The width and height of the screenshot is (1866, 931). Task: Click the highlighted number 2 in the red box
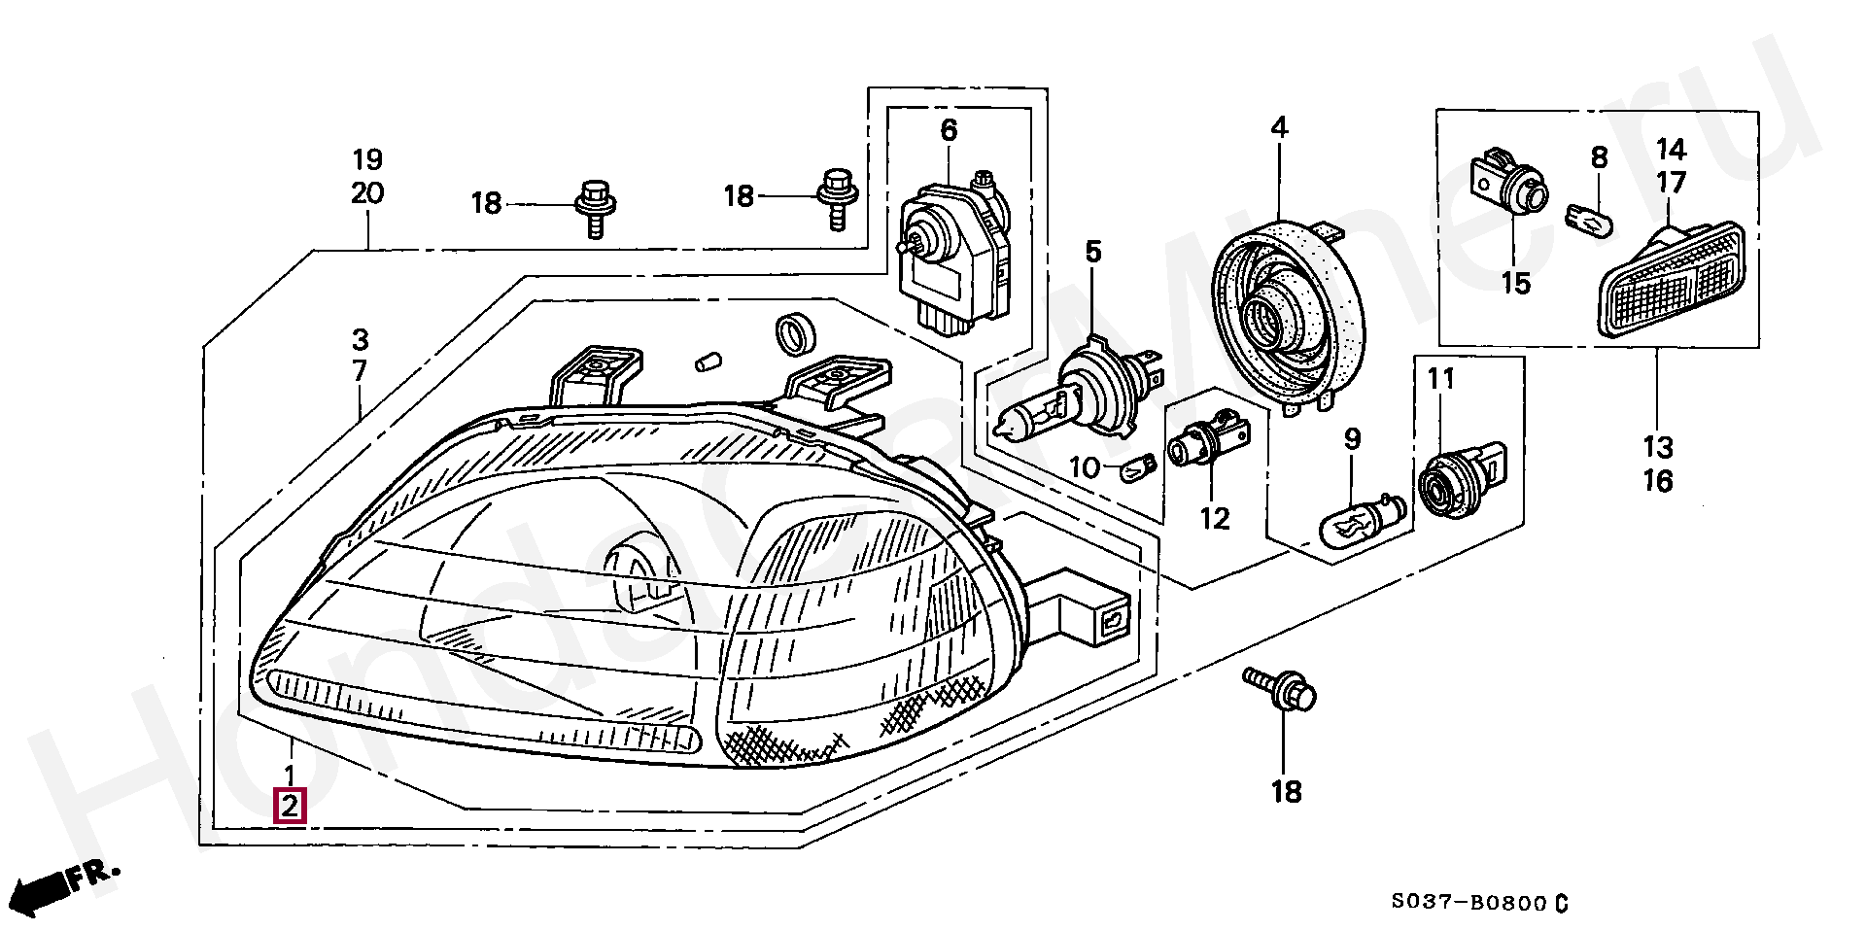(x=291, y=806)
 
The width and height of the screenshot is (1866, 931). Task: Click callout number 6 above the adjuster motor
(x=949, y=130)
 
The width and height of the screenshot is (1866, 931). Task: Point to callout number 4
(x=1278, y=127)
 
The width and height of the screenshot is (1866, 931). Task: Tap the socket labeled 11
(x=1453, y=481)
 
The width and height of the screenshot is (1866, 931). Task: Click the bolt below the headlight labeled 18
(x=1283, y=693)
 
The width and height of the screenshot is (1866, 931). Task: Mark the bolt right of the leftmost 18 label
(x=594, y=204)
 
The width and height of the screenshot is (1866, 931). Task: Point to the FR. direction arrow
(x=68, y=884)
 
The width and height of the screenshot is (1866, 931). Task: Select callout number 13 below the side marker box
(x=1658, y=447)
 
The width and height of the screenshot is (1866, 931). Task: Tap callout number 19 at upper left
(x=367, y=159)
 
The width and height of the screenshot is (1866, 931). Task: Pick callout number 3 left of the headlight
(x=360, y=340)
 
